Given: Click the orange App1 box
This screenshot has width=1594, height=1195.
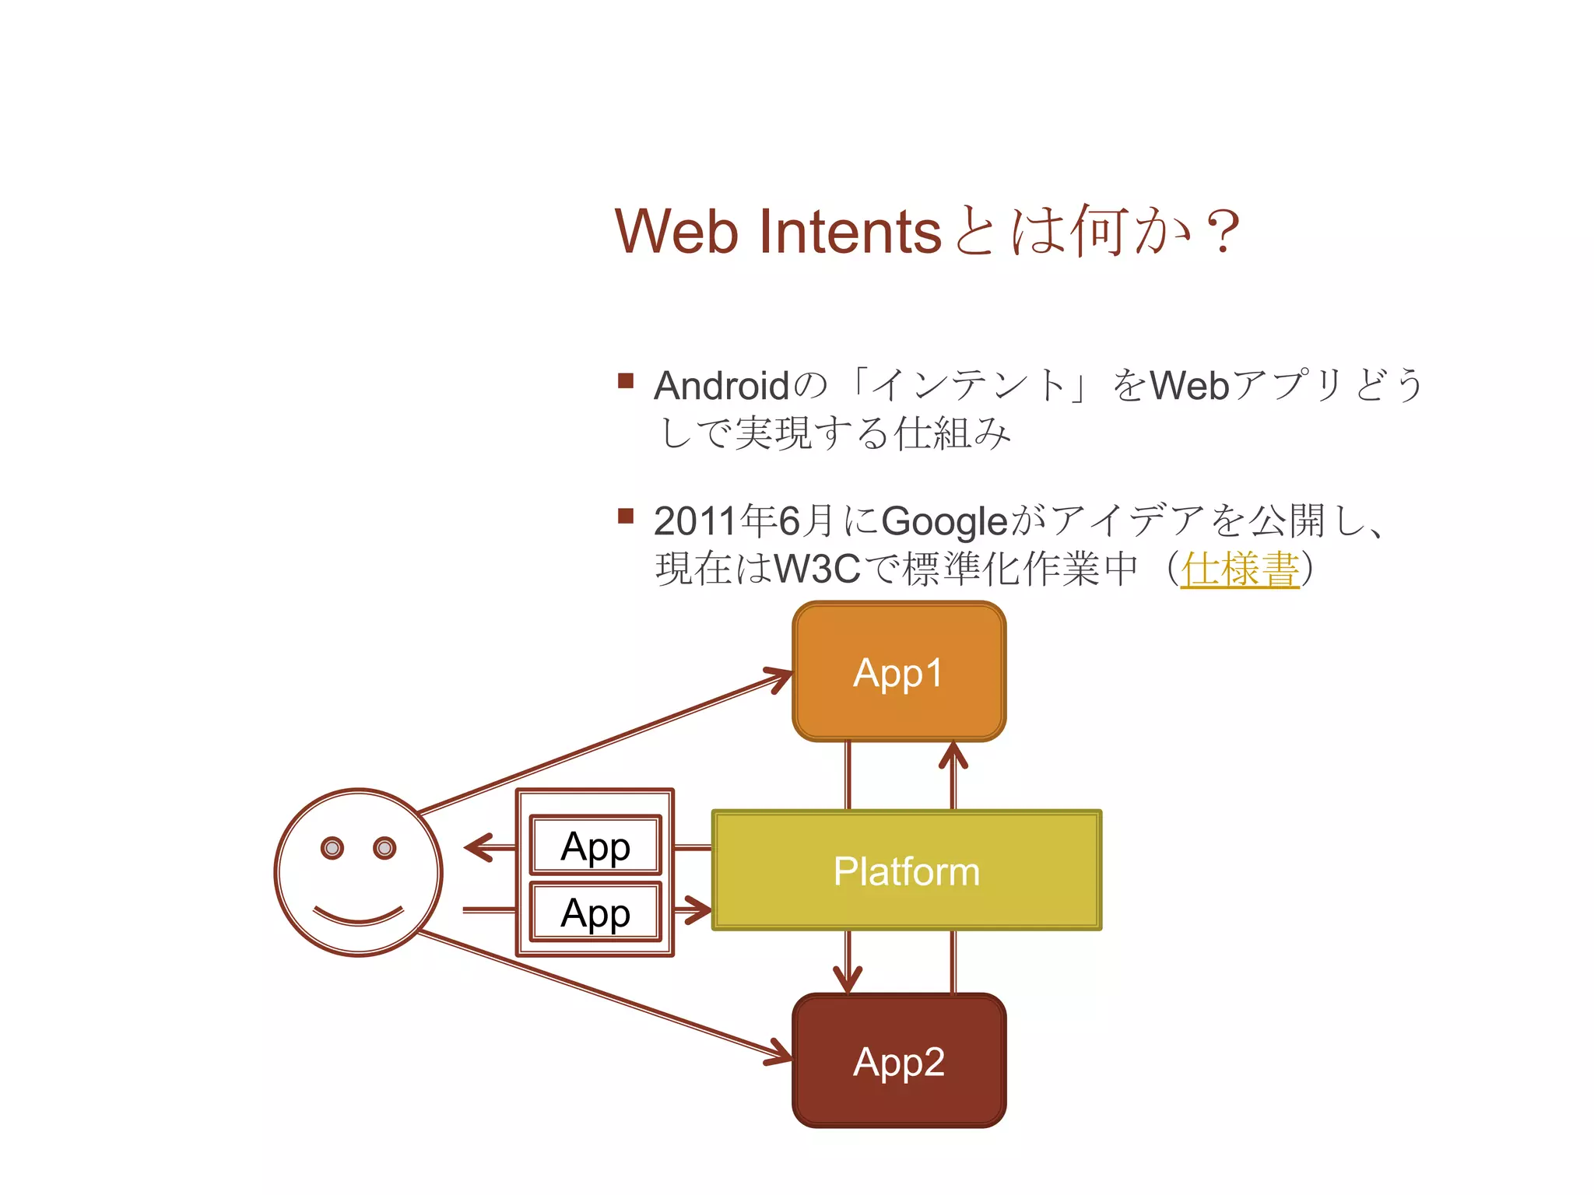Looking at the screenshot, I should point(899,671).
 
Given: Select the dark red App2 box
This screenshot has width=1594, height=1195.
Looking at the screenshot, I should point(899,1060).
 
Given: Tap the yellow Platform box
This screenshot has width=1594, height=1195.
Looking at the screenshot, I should point(907,870).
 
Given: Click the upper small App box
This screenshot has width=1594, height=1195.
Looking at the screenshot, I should point(595,845).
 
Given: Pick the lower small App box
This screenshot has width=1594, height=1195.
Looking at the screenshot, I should point(595,912).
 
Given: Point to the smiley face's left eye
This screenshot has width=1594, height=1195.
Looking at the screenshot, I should point(332,848).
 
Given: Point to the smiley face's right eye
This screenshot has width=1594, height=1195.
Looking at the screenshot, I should point(384,848).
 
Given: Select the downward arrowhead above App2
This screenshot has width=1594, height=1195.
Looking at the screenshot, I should point(848,982).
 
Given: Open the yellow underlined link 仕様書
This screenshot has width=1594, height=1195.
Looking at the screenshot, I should point(1240,569).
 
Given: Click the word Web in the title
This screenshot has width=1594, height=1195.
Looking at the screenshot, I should point(676,231).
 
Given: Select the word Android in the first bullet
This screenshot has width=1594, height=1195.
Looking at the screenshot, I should point(722,386).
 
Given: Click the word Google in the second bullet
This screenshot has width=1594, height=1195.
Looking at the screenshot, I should point(944,521).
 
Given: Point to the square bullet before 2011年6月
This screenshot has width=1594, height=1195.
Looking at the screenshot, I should point(626,516).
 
